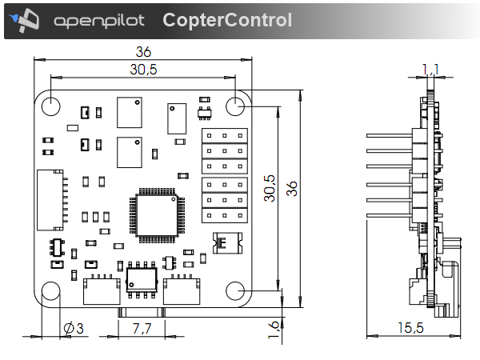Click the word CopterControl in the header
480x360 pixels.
click(227, 20)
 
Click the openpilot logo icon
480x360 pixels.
click(29, 19)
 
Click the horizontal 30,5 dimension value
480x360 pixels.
click(144, 70)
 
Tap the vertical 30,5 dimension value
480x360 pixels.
click(270, 189)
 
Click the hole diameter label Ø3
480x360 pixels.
click(73, 328)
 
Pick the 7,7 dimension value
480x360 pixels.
click(142, 328)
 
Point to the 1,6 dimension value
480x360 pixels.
click(273, 328)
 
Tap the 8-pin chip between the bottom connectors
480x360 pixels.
click(141, 279)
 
